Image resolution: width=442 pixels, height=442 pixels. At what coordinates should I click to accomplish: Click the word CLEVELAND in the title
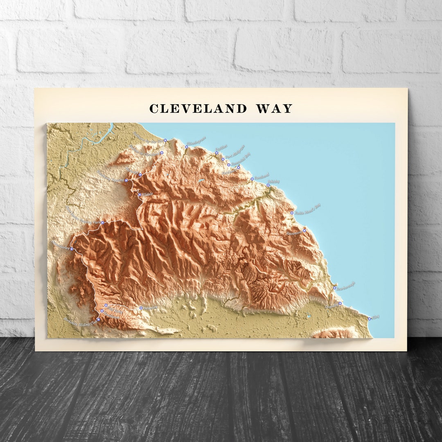[198, 109]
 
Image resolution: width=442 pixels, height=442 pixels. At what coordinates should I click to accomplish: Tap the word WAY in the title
[274, 109]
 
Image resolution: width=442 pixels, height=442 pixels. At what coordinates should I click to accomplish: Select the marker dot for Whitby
[268, 185]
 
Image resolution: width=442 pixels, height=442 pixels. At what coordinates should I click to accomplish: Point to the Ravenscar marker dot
[304, 231]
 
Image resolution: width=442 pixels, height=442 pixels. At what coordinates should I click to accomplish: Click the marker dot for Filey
[370, 318]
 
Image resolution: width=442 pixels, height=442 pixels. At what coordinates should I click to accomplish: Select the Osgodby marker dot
[340, 303]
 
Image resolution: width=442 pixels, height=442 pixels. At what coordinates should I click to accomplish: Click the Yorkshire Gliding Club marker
[98, 320]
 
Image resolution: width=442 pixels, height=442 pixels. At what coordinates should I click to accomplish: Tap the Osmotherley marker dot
[72, 249]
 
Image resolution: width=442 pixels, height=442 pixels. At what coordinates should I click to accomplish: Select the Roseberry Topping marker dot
[126, 180]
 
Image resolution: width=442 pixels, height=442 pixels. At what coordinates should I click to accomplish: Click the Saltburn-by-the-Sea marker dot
[165, 140]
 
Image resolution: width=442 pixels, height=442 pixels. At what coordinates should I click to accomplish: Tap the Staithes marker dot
[217, 153]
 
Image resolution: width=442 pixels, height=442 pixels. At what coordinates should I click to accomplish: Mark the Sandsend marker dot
[252, 179]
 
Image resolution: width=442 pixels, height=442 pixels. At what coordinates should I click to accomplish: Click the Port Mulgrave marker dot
[223, 159]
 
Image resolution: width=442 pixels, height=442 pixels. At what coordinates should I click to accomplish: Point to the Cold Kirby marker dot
[106, 305]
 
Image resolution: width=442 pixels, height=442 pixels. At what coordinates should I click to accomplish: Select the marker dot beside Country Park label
[103, 223]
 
